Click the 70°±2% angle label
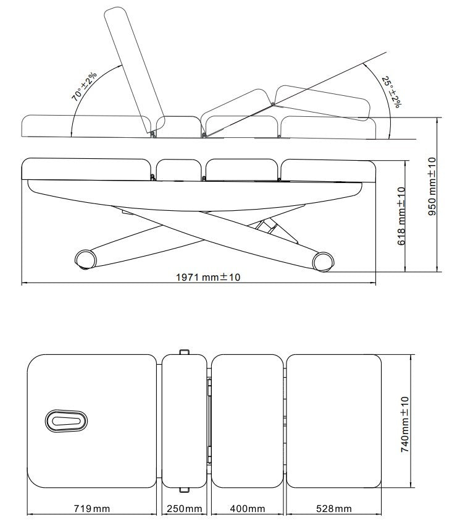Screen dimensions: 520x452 click(84, 87)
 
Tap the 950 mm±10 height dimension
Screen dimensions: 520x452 click(432, 185)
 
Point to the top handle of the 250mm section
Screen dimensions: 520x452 click(183, 352)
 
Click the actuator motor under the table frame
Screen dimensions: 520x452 click(270, 226)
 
